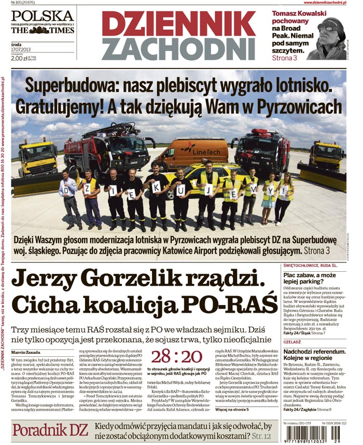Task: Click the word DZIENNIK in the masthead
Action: coord(178,24)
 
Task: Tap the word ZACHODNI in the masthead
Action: coord(178,49)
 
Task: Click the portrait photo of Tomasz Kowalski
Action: coord(328,39)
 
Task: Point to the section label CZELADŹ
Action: coord(293,343)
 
